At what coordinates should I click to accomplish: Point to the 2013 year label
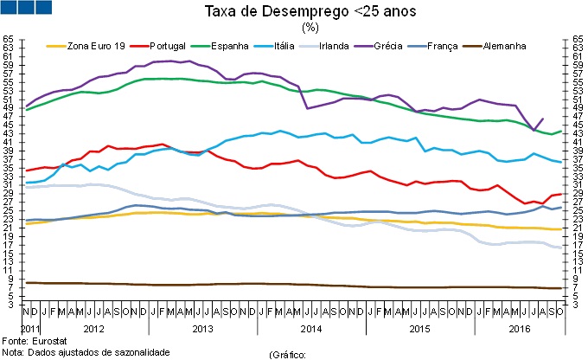pyautogui.click(x=202, y=329)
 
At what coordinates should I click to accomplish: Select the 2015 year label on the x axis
pyautogui.click(x=419, y=329)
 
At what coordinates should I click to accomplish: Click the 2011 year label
pyautogui.click(x=30, y=329)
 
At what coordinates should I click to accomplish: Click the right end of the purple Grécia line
pyautogui.click(x=542, y=119)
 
